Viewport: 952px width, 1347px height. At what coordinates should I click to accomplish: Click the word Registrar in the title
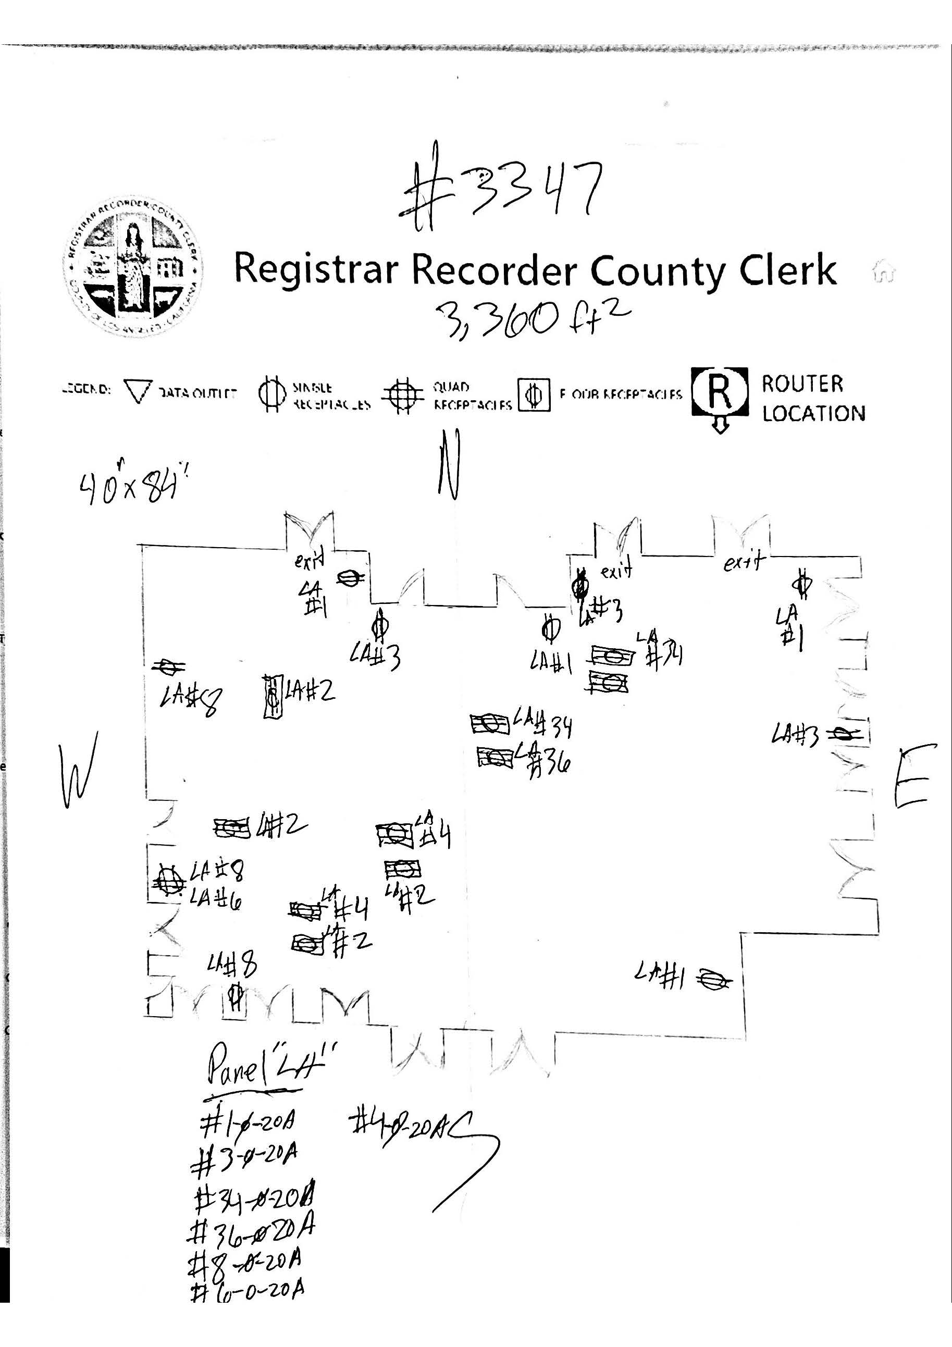pyautogui.click(x=316, y=269)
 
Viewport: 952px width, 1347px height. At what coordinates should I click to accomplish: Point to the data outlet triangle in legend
pyautogui.click(x=139, y=391)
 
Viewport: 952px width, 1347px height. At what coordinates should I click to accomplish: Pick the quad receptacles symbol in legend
pyautogui.click(x=402, y=396)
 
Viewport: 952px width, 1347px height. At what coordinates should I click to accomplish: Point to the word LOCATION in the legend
pyautogui.click(x=813, y=414)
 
